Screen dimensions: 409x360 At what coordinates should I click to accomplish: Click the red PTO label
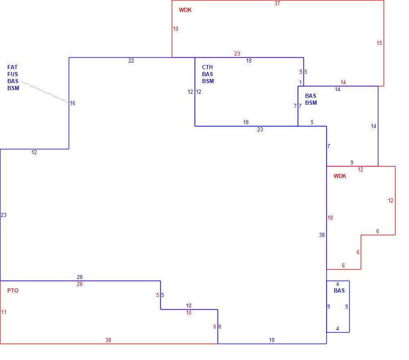point(13,290)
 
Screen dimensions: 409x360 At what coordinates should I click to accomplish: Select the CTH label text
point(207,67)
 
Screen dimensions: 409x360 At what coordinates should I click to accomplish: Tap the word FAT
point(12,67)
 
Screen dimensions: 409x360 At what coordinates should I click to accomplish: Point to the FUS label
point(13,74)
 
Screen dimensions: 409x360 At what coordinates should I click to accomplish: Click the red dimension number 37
point(277,3)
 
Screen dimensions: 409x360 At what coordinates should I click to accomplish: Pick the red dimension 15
point(379,43)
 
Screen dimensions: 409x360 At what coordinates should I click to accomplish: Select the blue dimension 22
point(131,61)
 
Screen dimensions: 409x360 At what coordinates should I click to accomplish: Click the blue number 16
point(72,103)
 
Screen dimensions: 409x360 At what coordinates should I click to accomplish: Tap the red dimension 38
point(108,340)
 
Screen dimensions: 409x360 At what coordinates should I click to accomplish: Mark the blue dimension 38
point(322,235)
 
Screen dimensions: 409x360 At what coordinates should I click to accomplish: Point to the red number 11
point(4,312)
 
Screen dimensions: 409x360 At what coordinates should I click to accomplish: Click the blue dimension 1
point(301,83)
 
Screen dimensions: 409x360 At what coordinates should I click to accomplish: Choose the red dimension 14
point(343,83)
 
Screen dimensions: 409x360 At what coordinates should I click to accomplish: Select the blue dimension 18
point(246,122)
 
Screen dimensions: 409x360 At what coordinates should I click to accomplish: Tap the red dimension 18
point(330,218)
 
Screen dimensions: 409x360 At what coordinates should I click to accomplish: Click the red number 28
point(80,284)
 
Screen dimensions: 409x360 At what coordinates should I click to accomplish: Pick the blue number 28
point(80,277)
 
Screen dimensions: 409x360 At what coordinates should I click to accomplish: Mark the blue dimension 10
point(189,306)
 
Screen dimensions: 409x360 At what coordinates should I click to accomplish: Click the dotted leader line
point(45,92)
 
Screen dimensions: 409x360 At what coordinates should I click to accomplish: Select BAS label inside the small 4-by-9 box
point(339,290)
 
